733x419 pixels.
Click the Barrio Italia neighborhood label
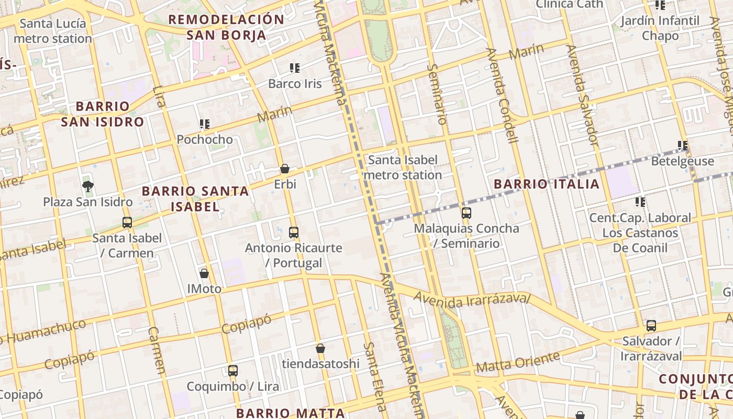[x=547, y=184]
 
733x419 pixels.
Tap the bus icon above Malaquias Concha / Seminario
[x=466, y=213]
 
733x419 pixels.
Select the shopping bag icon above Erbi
[x=285, y=169]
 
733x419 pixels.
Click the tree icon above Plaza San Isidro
[x=87, y=186]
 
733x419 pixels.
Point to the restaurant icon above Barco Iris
[x=294, y=68]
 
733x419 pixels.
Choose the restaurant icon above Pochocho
[x=205, y=124]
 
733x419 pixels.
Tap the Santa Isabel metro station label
[x=403, y=167]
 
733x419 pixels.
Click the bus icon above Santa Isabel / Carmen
[x=127, y=223]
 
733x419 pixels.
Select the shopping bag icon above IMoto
[x=204, y=273]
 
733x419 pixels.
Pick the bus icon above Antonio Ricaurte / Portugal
[x=294, y=232]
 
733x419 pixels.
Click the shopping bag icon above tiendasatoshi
[x=320, y=348]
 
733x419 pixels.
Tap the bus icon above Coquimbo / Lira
[x=233, y=371]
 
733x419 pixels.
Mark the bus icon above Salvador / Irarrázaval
[x=651, y=326]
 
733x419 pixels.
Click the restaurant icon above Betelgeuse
[x=682, y=145]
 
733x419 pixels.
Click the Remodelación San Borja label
[x=226, y=27]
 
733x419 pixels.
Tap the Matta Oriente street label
[x=517, y=362]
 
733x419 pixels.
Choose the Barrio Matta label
[x=290, y=413]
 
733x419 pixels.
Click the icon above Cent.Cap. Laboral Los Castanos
[x=640, y=202]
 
